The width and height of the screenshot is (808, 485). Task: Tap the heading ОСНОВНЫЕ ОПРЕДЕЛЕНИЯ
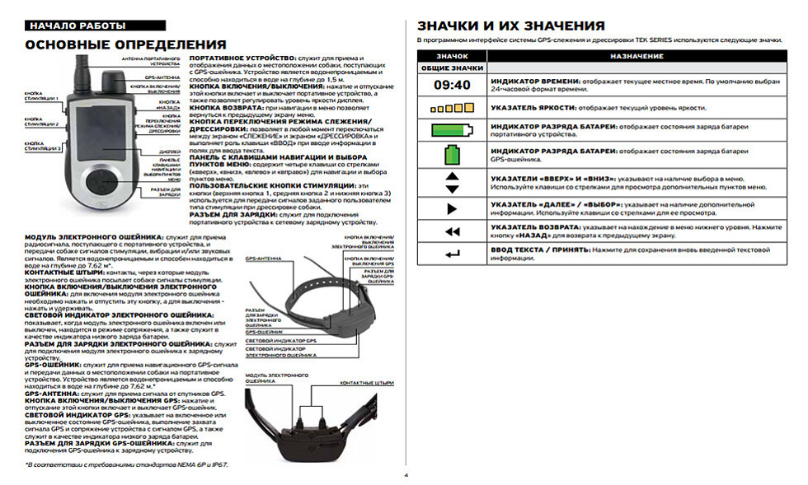point(126,44)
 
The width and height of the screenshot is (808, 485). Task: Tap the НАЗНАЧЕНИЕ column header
point(636,55)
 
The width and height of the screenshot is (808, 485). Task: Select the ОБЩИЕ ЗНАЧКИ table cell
point(453,68)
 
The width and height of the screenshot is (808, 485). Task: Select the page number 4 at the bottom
point(405,475)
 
